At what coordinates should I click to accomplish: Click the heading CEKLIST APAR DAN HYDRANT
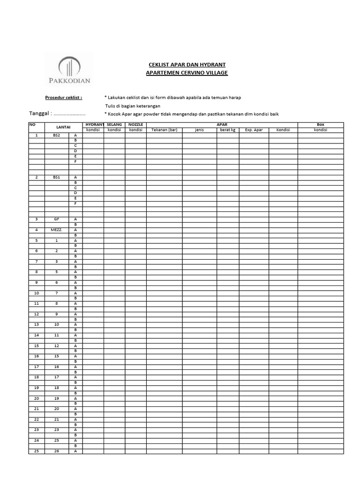(187, 64)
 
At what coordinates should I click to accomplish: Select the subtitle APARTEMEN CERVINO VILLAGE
(187, 73)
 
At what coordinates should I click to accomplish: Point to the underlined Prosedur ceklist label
(63, 97)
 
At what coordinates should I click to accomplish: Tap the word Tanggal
(39, 114)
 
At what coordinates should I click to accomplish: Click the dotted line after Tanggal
(69, 114)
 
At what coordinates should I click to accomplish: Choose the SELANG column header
(114, 125)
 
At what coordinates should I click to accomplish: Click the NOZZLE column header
(135, 125)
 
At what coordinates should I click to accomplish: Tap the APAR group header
(222, 125)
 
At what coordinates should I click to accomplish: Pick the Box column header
(321, 125)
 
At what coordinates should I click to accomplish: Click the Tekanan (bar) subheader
(164, 130)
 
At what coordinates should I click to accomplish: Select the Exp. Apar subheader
(254, 130)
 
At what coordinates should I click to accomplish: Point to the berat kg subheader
(227, 130)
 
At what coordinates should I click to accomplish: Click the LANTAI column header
(63, 127)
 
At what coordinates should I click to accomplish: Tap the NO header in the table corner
(32, 125)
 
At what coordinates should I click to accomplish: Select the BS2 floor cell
(56, 135)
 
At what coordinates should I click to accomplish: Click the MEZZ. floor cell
(56, 230)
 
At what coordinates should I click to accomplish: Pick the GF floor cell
(56, 219)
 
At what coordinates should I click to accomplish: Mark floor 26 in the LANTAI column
(56, 451)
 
